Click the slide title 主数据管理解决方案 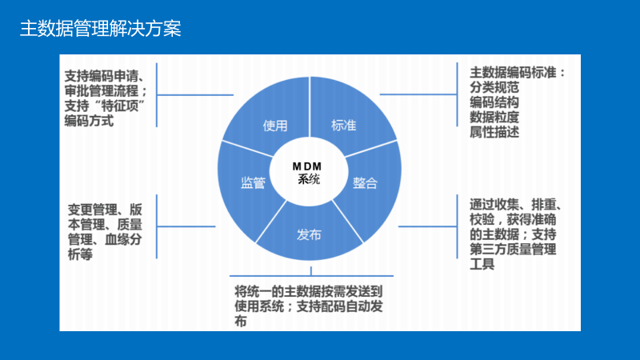tap(101, 30)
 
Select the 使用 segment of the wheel tap(274, 126)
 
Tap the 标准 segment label tap(344, 126)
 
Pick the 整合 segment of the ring tap(365, 182)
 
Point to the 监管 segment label tap(253, 182)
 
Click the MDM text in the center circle tap(307, 166)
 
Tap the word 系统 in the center tap(308, 179)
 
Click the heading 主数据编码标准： tap(517, 73)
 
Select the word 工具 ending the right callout tap(482, 264)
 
